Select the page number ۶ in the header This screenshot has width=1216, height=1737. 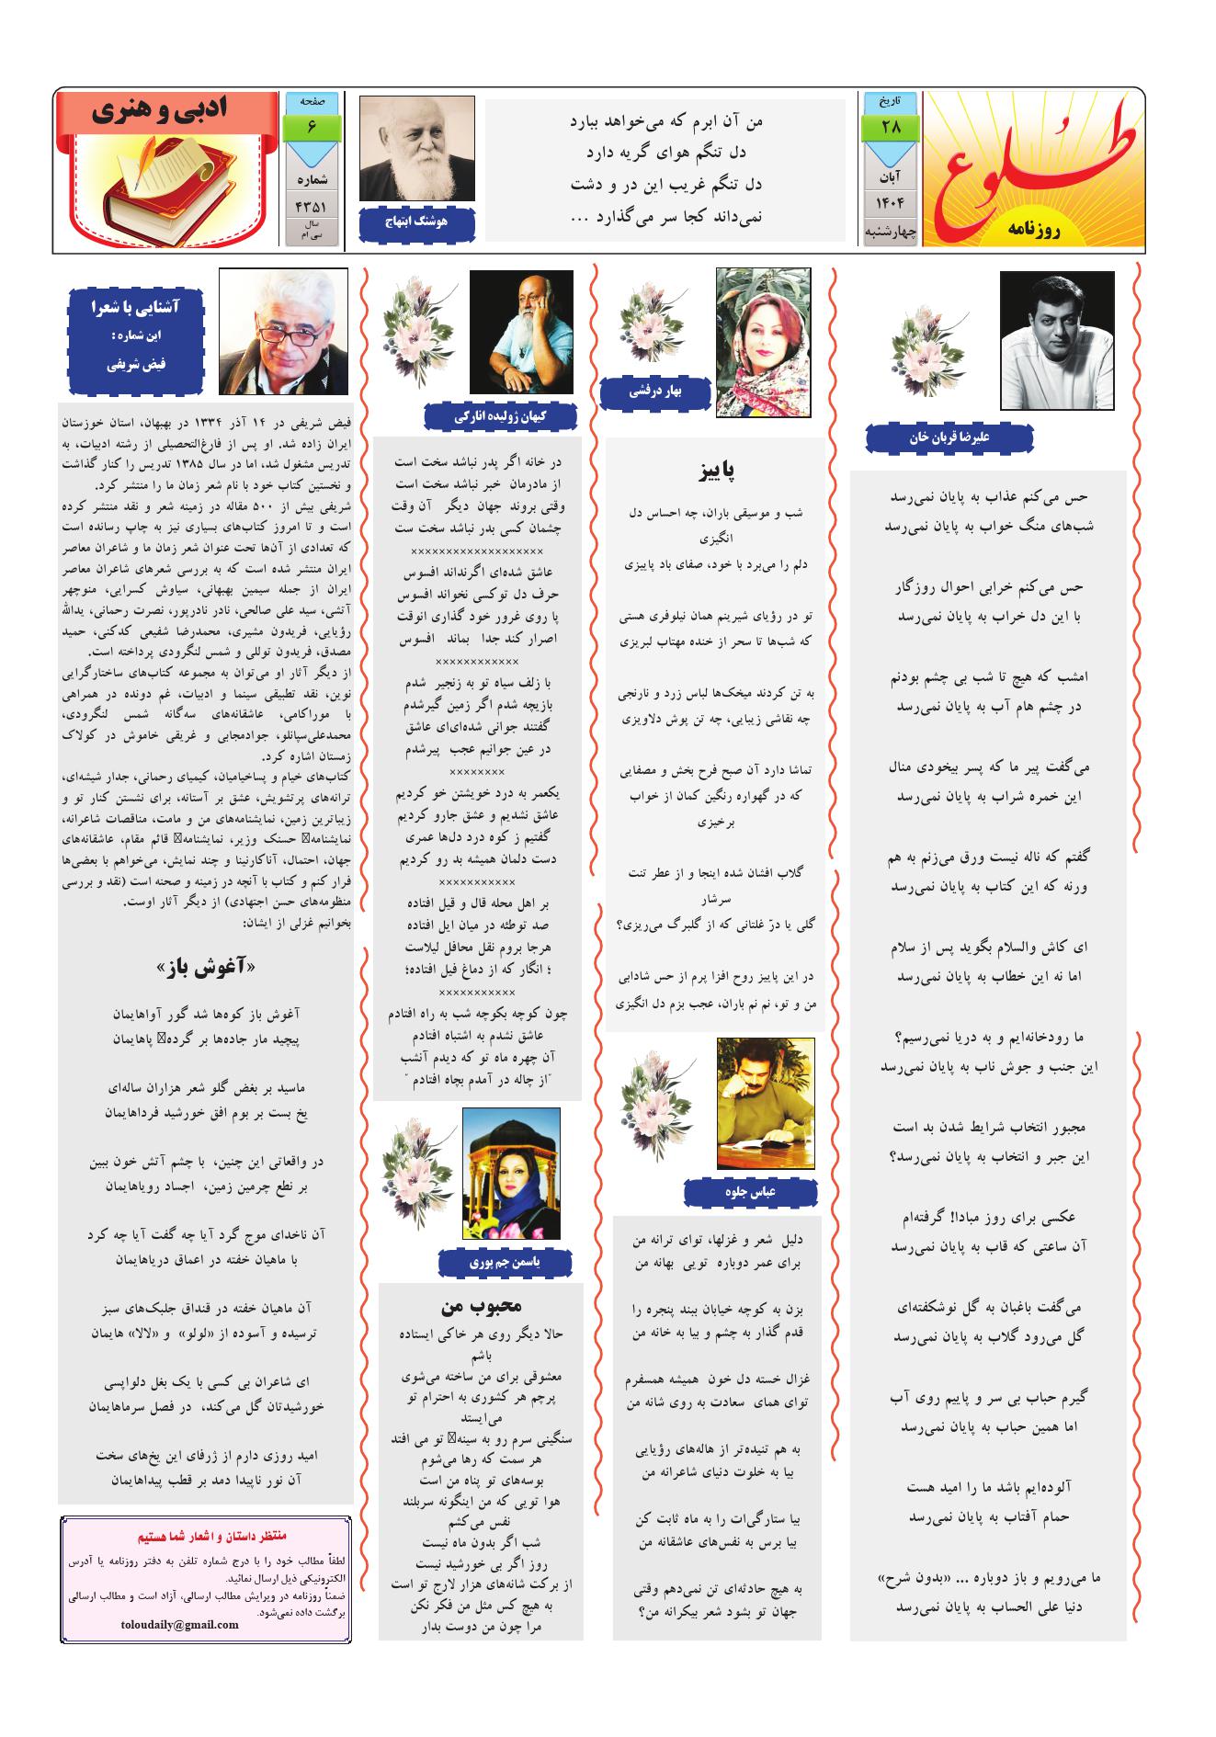coord(313,127)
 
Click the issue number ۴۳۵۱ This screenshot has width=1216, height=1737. coord(313,207)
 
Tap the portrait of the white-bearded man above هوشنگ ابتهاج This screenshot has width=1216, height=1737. coord(416,149)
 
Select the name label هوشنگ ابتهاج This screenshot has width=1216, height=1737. coord(416,221)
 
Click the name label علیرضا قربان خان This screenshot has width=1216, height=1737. coord(948,438)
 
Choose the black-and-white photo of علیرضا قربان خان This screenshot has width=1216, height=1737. coord(1056,340)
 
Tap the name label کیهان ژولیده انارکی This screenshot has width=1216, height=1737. coord(500,416)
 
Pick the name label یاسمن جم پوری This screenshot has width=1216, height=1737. coord(506,1263)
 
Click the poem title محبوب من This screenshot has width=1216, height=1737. coord(482,1305)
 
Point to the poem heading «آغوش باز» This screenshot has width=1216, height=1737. coord(206,966)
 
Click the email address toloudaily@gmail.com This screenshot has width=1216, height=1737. coord(180,1624)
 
